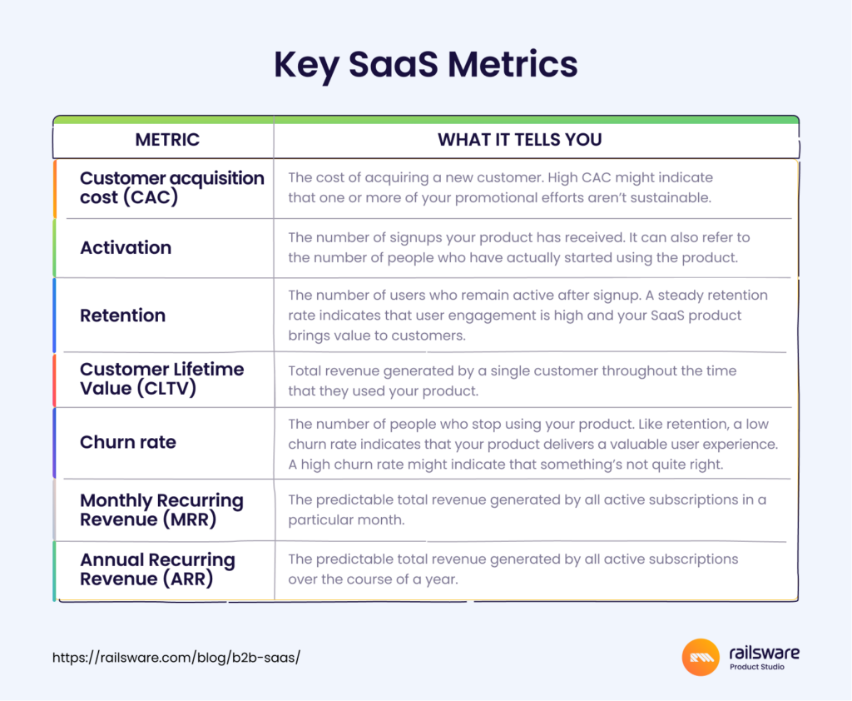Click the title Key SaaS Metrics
tap(425, 65)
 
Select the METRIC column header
tap(167, 140)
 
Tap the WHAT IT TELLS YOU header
tap(520, 140)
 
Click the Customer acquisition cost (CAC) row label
tap(171, 187)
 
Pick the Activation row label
tap(126, 247)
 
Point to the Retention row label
tap(123, 316)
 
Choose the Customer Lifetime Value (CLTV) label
tap(162, 379)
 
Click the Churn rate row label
tap(128, 442)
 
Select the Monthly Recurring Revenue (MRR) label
tap(161, 510)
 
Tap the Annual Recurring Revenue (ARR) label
tap(157, 569)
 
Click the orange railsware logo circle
tap(701, 657)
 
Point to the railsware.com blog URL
tap(176, 658)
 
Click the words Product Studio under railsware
tap(757, 667)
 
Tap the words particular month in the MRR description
tap(346, 520)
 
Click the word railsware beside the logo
tap(764, 652)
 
